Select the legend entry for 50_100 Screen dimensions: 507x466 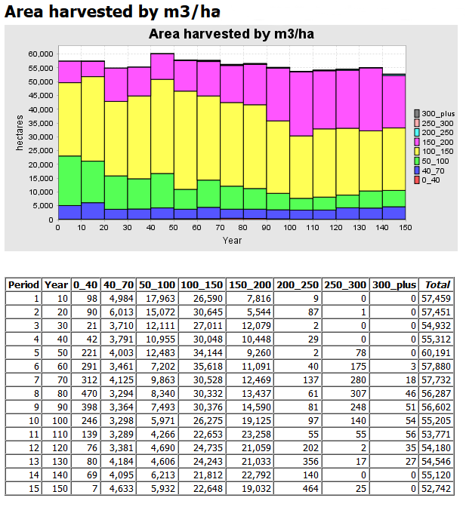434,161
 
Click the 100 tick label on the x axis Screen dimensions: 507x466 291,227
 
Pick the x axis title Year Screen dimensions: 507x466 232,240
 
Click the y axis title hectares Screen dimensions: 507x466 20,137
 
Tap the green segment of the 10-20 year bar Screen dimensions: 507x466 93,182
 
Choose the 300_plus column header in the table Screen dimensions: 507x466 393,284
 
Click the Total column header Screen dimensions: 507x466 437,284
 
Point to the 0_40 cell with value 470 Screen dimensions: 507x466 85,393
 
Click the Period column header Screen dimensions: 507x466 23,284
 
